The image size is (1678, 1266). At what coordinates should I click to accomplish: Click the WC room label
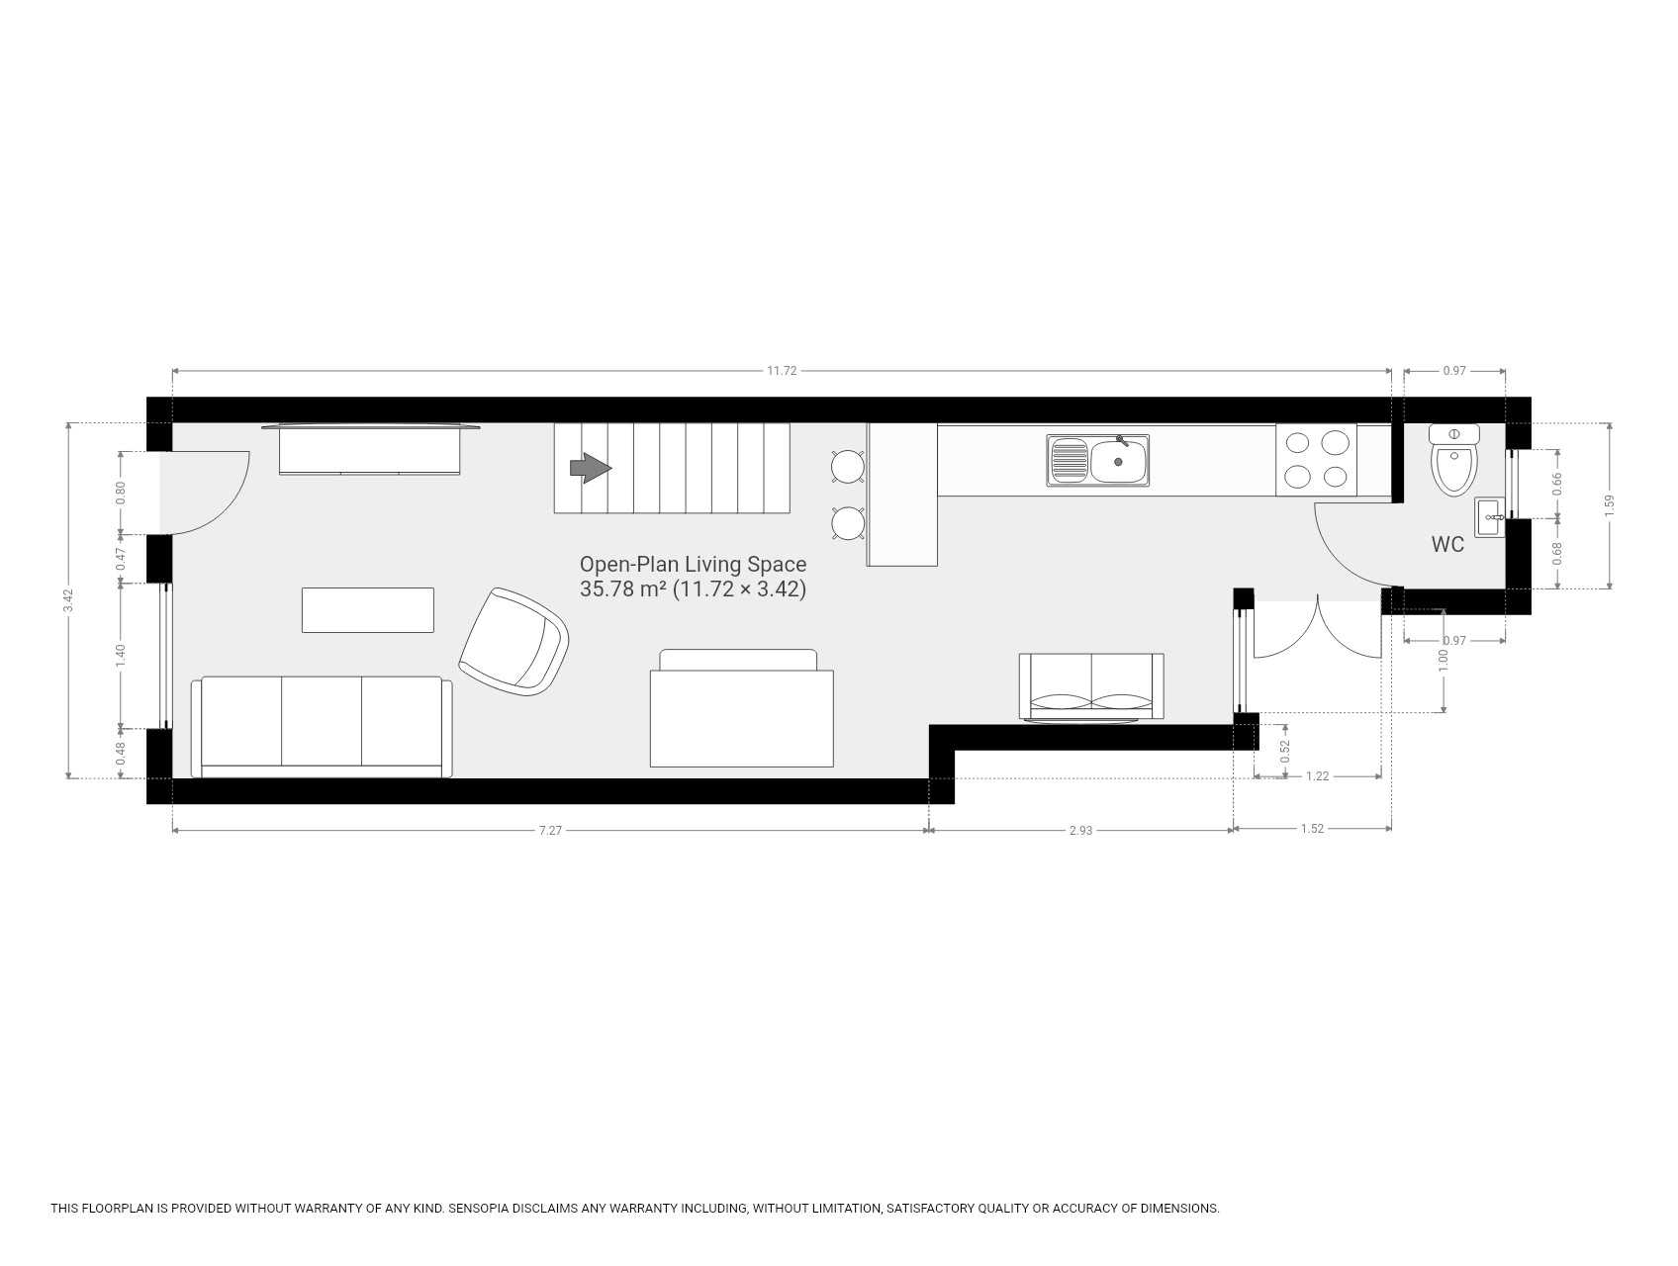1447,544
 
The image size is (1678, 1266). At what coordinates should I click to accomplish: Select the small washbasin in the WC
1490,517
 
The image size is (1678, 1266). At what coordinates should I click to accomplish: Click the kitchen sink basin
1119,461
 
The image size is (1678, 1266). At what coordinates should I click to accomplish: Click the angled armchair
514,641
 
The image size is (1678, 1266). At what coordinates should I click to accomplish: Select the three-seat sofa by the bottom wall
322,727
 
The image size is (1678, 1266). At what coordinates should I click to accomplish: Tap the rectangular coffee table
368,609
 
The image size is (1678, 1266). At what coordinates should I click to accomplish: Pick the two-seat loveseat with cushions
1091,686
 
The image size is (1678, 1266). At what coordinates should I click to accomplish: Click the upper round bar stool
849,466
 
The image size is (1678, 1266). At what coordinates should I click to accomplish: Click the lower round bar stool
849,523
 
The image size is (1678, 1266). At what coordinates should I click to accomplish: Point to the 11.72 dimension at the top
782,371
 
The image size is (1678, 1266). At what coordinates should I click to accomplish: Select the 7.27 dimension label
550,831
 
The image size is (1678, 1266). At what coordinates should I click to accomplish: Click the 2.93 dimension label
1080,831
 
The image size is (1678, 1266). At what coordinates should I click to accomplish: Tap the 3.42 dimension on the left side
68,600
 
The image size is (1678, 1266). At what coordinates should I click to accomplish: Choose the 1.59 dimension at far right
1610,505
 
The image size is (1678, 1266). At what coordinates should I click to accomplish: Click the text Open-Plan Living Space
693,565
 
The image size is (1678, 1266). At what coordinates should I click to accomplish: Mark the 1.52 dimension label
1312,829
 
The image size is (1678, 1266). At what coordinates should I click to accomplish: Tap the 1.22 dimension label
1317,776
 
